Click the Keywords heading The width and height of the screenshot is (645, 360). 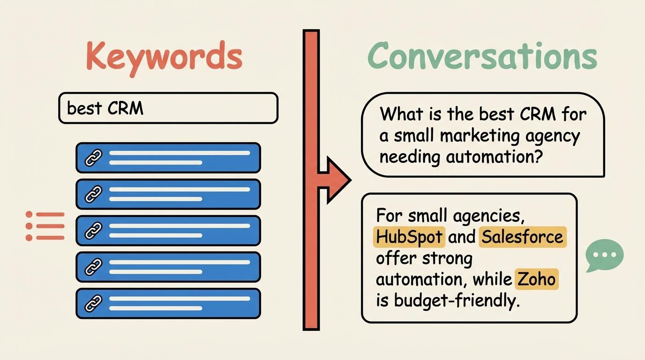click(x=164, y=58)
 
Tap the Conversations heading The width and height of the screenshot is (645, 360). click(x=483, y=56)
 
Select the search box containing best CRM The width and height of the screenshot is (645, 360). click(x=168, y=108)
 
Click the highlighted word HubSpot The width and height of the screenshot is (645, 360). click(x=409, y=237)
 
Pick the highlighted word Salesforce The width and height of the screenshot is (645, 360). click(x=523, y=237)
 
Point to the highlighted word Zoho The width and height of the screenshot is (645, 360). click(x=536, y=279)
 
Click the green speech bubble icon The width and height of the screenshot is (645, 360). click(x=604, y=255)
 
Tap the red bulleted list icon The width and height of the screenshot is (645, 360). click(x=45, y=226)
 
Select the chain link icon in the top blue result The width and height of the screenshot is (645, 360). click(x=93, y=158)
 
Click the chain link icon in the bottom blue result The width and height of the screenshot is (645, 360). click(x=93, y=304)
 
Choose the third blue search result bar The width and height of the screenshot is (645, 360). click(x=168, y=231)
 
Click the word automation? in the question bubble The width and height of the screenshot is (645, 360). click(x=495, y=157)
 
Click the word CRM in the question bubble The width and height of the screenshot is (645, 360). click(x=538, y=114)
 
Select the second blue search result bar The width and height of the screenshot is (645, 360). click(x=168, y=194)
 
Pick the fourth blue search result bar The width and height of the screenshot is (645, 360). click(x=168, y=267)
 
